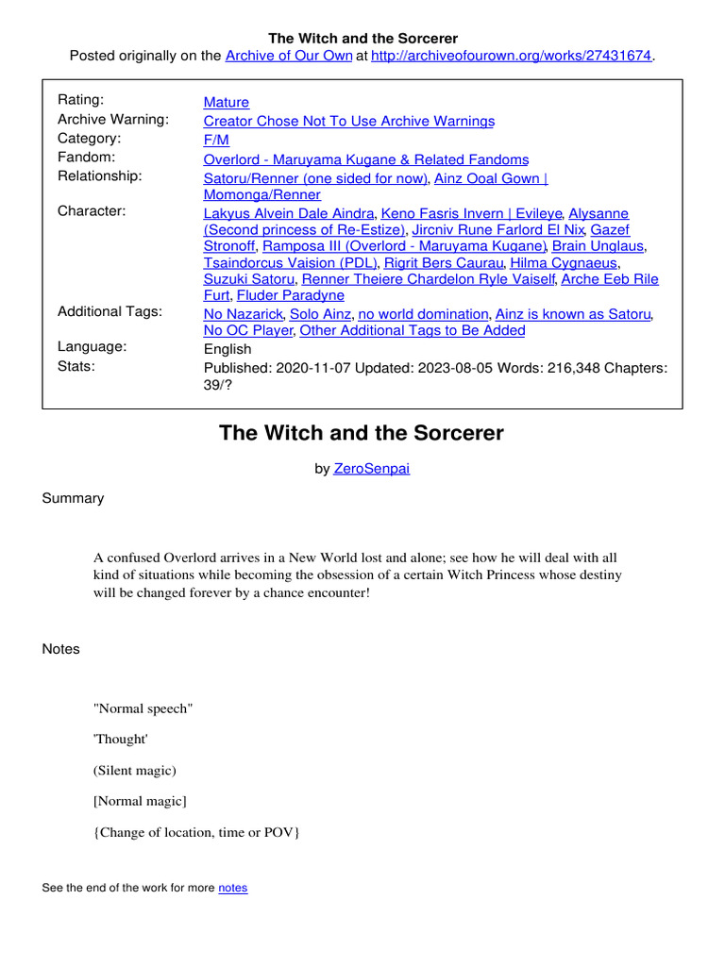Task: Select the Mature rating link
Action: point(227,102)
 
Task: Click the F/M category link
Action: point(216,140)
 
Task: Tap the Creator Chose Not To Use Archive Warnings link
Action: point(348,121)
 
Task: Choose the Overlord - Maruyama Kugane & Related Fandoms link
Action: point(365,159)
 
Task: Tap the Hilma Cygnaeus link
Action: point(564,262)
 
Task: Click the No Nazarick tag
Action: point(244,314)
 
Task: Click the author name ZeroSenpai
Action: point(372,469)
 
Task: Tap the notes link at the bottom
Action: point(232,888)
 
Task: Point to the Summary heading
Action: point(73,498)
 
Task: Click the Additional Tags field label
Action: point(110,311)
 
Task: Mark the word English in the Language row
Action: point(228,348)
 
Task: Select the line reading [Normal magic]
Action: point(140,801)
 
